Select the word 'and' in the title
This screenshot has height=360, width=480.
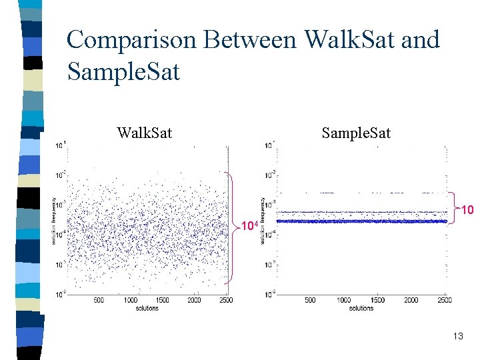pos(420,40)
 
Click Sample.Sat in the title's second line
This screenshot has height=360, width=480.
pos(124,71)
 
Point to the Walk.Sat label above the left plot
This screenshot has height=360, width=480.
pos(144,133)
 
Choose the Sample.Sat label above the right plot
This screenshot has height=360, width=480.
pos(356,133)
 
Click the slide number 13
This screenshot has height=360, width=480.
pos(457,337)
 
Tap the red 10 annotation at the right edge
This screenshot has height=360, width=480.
pos(467,211)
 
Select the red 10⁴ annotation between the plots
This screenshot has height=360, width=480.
pos(248,226)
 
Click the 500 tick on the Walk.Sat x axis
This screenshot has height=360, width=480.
pos(99,301)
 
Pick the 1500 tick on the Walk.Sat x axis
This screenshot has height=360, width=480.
pos(162,301)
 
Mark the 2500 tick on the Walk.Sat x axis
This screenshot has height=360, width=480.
pos(225,301)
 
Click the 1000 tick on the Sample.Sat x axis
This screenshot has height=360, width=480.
pos(344,301)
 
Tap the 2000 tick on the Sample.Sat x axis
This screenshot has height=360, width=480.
pos(411,301)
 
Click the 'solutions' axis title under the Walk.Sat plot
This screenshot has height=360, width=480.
pos(147,308)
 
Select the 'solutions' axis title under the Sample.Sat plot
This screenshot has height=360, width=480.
pos(361,308)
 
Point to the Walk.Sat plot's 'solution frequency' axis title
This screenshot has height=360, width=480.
pos(53,220)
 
